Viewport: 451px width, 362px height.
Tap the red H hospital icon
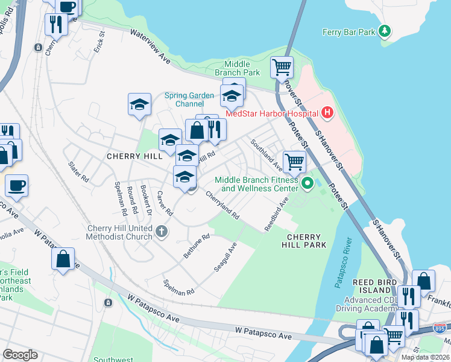tap(327, 112)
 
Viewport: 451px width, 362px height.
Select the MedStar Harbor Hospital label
tap(271, 113)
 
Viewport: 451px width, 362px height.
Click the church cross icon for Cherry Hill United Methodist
tap(161, 231)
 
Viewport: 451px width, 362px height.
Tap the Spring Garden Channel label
tap(189, 100)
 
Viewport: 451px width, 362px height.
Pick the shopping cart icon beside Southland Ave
tap(294, 161)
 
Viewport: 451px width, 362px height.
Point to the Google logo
tap(20, 354)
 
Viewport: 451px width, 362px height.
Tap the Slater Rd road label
tap(79, 171)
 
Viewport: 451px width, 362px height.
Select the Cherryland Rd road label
tap(222, 205)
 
